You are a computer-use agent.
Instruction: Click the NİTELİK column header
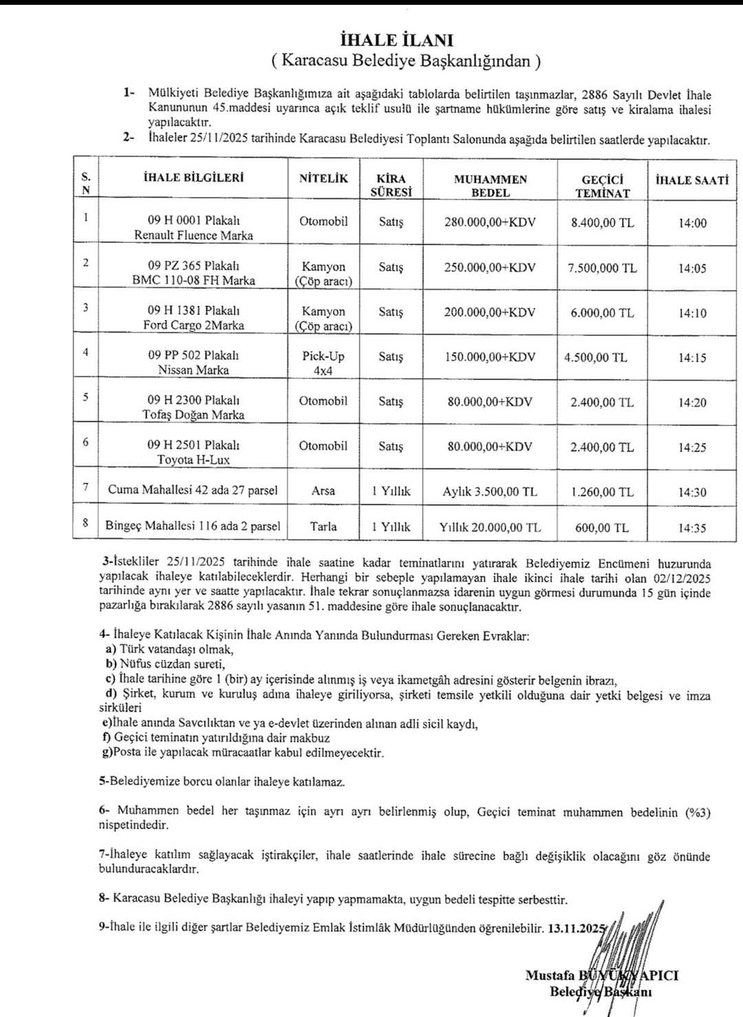323,178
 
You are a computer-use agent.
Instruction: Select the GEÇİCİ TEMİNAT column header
602,186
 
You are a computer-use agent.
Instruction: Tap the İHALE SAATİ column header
691,180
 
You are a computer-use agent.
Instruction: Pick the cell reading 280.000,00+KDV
490,222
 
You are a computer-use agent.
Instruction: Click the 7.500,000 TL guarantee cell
602,268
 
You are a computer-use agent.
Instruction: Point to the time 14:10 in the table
692,313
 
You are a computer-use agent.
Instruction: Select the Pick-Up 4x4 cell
323,363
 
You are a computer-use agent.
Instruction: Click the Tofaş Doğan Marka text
193,415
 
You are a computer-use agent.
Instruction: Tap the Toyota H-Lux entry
193,460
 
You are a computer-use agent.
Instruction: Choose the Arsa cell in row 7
323,491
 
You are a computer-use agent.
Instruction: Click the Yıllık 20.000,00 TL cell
490,528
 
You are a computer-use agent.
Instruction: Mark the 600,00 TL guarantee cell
602,528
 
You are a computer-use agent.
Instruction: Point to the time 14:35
692,528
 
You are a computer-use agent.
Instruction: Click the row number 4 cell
86,352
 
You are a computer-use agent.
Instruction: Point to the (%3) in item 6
697,813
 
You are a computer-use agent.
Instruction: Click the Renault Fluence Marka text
193,235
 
